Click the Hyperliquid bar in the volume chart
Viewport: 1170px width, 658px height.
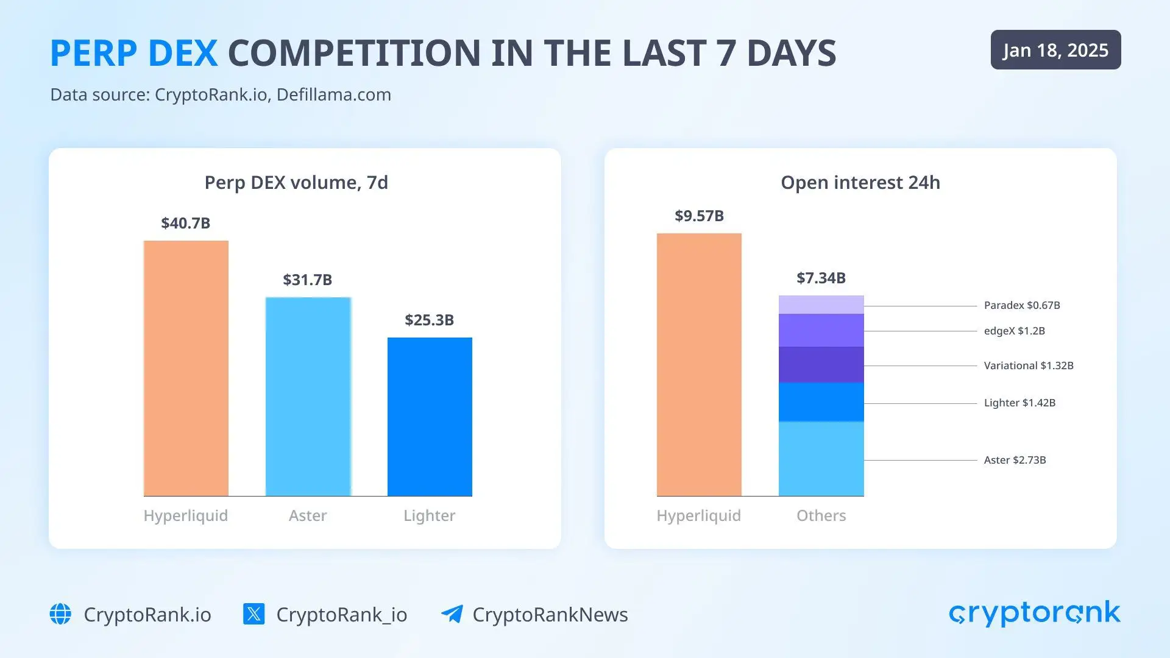click(x=186, y=369)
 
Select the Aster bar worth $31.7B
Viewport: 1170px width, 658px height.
click(x=308, y=396)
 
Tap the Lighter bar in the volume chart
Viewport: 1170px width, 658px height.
click(x=430, y=417)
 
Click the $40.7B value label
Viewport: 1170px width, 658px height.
click(x=185, y=223)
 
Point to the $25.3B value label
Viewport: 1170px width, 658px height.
click(x=429, y=320)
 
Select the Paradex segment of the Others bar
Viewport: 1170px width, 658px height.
click(x=821, y=305)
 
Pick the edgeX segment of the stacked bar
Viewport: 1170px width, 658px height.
click(x=821, y=330)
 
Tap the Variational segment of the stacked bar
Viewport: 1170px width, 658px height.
click(x=821, y=364)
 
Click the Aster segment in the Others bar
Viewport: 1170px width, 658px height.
click(x=821, y=459)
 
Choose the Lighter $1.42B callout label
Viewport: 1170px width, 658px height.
click(x=1019, y=403)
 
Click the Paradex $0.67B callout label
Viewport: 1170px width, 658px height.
click(x=1022, y=305)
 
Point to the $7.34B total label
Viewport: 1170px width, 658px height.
click(x=821, y=278)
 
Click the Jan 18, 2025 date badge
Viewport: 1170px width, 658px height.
click(x=1055, y=50)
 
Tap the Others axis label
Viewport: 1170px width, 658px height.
click(x=821, y=515)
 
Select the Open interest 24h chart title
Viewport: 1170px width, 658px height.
click(x=860, y=182)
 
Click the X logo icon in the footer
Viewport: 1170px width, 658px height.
click(x=253, y=614)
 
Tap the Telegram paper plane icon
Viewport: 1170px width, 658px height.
click(x=452, y=614)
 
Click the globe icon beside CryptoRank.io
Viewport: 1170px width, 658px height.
click(x=60, y=614)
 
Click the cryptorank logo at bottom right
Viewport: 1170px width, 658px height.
click(x=1034, y=613)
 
